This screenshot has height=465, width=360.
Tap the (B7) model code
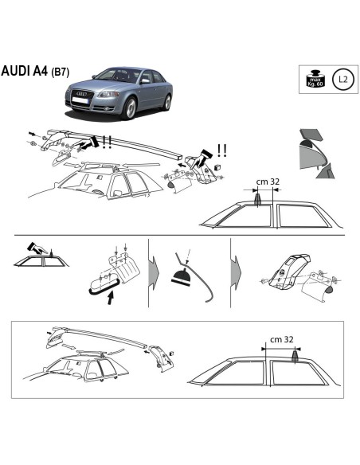tap(61, 72)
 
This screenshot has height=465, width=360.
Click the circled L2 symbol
tap(342, 79)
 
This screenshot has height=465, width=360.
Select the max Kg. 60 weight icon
tap(315, 79)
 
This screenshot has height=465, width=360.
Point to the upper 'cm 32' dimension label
tap(267, 182)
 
